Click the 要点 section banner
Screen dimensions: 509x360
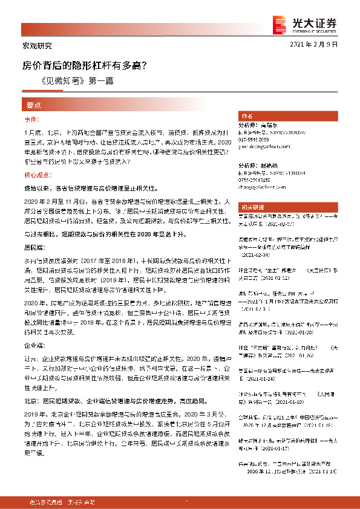click(34, 105)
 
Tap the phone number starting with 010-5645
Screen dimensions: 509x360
click(254, 138)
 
